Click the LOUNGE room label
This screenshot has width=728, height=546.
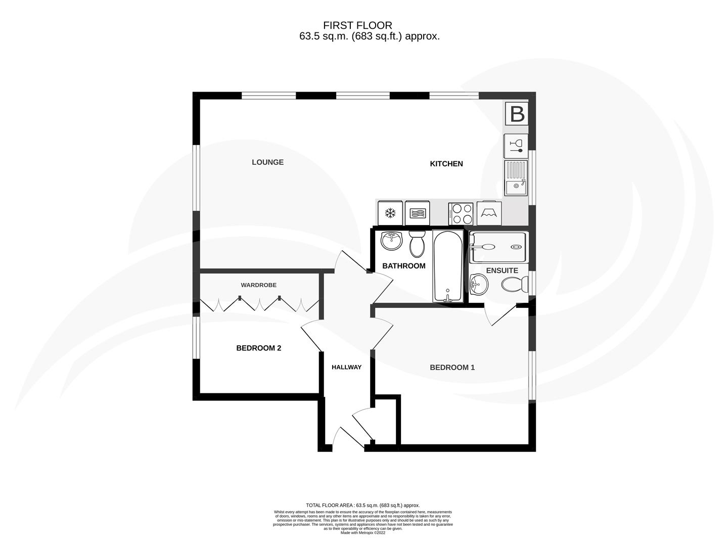(267, 162)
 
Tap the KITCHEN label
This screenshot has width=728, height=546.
(446, 164)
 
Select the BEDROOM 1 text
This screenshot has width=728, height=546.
(452, 368)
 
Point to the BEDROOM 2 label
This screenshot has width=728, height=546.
(258, 348)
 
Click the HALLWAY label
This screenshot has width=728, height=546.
(346, 368)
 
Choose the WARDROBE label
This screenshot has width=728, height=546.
(258, 285)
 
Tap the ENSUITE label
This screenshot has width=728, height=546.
(502, 271)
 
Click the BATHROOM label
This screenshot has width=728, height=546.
(403, 266)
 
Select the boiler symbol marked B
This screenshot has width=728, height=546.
(517, 114)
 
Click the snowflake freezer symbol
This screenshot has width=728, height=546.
(390, 213)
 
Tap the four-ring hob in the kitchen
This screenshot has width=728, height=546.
(461, 213)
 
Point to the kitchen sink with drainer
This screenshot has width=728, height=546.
(516, 178)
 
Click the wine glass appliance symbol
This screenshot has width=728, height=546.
(516, 146)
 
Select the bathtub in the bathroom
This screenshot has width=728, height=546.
(447, 266)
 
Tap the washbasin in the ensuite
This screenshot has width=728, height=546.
(478, 285)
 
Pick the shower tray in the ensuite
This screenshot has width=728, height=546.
(498, 247)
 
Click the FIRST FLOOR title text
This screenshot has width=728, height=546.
(357, 25)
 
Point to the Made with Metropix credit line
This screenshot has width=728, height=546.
(362, 532)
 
